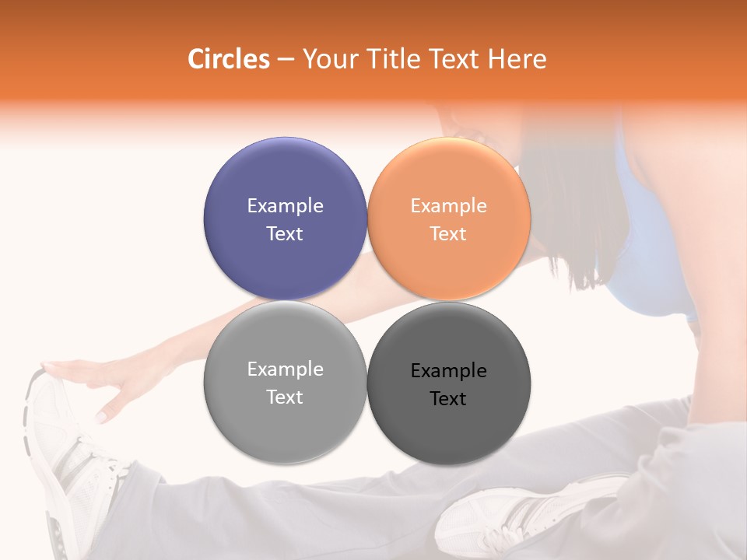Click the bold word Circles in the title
coord(229,59)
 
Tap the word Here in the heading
coord(517,59)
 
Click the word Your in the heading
coord(331,59)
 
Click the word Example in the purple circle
coord(285,206)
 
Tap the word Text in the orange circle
coord(448,234)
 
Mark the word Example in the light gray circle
coord(285,369)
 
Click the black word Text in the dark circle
coord(448,399)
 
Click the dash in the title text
coord(286,60)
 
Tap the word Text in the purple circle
coord(285,234)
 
